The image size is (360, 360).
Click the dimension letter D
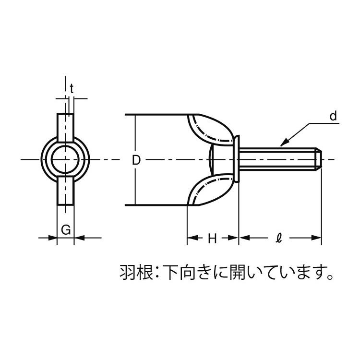[136, 160]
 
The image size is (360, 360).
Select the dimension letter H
[212, 239]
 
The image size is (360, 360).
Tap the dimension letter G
[66, 230]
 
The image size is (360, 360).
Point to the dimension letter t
[72, 89]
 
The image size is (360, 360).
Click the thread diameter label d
[333, 116]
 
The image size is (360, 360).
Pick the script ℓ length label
[278, 238]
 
